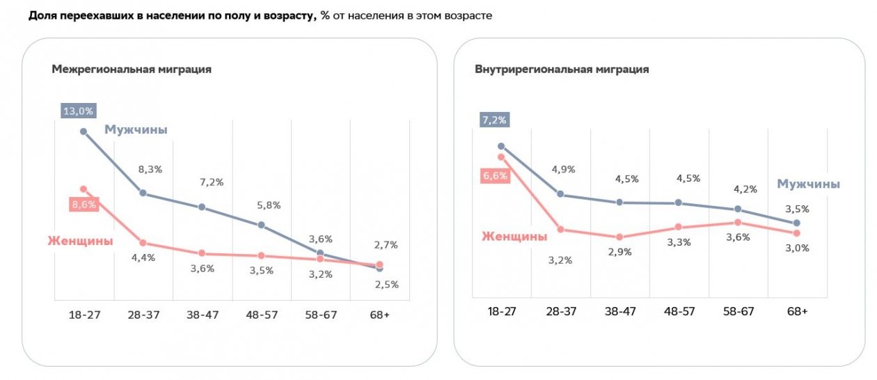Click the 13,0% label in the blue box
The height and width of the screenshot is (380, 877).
(x=78, y=111)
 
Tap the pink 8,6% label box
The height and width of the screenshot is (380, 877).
(x=83, y=205)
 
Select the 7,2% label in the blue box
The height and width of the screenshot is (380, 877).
(x=494, y=120)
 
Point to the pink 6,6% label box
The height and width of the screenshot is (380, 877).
(x=495, y=176)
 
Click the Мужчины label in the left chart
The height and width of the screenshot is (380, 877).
(x=136, y=129)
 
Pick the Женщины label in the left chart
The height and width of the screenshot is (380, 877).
(x=80, y=241)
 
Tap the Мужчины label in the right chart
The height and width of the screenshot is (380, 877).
(x=808, y=184)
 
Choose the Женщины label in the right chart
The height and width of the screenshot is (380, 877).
(x=514, y=237)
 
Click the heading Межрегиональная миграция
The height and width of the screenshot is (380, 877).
(x=132, y=70)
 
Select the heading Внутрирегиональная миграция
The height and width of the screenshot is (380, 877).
(x=562, y=70)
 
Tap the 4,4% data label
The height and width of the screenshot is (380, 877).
(x=143, y=258)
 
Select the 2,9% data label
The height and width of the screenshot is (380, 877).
(x=619, y=252)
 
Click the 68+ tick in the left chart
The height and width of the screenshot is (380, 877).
(x=380, y=315)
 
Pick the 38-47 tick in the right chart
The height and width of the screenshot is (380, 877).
(x=619, y=311)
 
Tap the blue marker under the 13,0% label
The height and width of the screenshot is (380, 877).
(x=84, y=131)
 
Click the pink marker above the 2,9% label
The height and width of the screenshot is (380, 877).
(x=619, y=237)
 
